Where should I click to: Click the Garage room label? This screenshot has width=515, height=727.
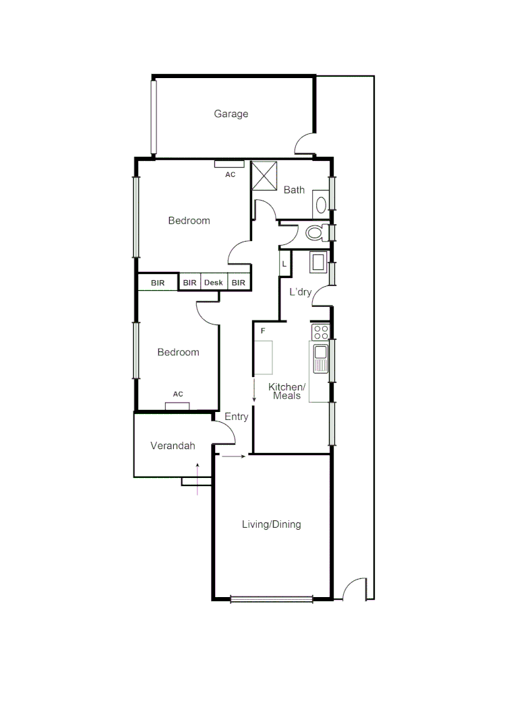(x=231, y=114)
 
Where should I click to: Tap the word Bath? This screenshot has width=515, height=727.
(x=294, y=190)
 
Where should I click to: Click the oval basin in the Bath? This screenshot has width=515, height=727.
(x=322, y=205)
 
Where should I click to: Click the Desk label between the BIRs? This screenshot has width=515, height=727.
(x=213, y=283)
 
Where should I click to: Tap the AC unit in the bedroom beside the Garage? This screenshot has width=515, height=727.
(x=229, y=164)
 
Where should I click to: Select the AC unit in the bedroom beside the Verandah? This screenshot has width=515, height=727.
(x=177, y=405)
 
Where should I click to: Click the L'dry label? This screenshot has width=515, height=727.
(x=300, y=292)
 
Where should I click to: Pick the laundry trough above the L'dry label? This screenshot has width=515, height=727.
(x=318, y=261)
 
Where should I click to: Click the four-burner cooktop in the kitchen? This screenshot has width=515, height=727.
(x=321, y=332)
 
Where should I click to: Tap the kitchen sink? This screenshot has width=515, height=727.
(x=320, y=357)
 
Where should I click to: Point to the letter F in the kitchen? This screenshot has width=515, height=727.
(x=263, y=331)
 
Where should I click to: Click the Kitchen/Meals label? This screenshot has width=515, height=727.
(x=287, y=391)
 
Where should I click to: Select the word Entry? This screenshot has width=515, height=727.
(x=236, y=417)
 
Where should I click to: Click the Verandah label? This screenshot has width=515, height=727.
(x=173, y=446)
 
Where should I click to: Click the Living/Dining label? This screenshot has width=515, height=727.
(x=271, y=524)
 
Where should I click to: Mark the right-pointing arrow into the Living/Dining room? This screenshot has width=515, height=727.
(x=233, y=457)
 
